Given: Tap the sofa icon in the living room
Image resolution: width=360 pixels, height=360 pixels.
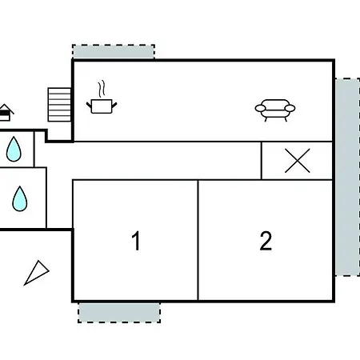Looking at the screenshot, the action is click(275, 110).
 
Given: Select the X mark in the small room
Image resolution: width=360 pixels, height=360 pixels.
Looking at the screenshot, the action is click(298, 161).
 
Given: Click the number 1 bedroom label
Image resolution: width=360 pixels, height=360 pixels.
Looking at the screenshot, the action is click(136, 241).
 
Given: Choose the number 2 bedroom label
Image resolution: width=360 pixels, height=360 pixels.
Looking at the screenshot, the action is click(266, 241).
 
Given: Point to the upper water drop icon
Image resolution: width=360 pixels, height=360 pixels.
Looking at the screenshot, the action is click(14, 149).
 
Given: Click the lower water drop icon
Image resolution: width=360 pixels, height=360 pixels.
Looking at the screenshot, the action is click(20, 199).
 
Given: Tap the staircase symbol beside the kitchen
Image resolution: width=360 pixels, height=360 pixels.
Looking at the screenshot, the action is click(59, 105).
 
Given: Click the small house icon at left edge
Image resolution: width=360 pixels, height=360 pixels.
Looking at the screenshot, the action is click(6, 113).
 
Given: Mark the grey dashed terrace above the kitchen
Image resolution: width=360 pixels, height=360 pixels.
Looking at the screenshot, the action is click(114, 51).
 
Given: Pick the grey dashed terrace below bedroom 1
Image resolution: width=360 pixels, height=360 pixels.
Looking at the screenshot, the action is click(119, 313).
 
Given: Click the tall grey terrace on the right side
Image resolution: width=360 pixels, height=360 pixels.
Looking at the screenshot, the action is click(347, 177).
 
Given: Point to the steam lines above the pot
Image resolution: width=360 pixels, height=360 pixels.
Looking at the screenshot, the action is click(102, 89).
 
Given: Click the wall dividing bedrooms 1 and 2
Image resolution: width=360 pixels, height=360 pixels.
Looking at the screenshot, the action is click(198, 240).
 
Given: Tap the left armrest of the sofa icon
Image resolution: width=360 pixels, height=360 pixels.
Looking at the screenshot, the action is click(260, 108).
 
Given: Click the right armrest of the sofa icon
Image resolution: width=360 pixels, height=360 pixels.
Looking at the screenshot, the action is click(290, 108).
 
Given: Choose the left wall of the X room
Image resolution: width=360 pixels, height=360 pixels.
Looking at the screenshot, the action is click(262, 161).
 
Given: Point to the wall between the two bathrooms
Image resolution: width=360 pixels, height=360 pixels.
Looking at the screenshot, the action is click(23, 167).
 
